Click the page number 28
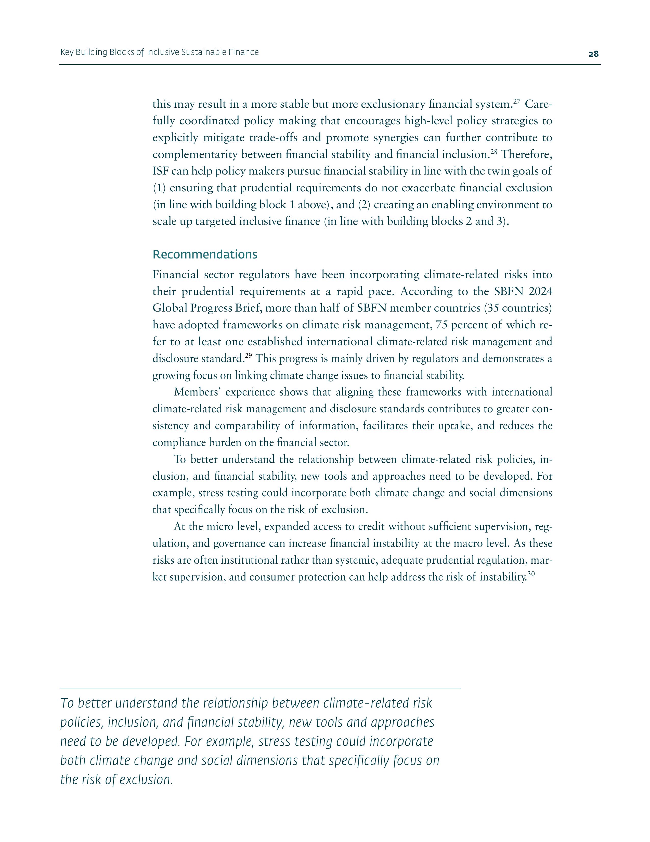(x=593, y=54)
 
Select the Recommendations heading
(x=205, y=254)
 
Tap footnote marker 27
(x=517, y=101)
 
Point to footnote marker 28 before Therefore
(x=494, y=152)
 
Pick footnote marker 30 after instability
(x=531, y=574)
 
